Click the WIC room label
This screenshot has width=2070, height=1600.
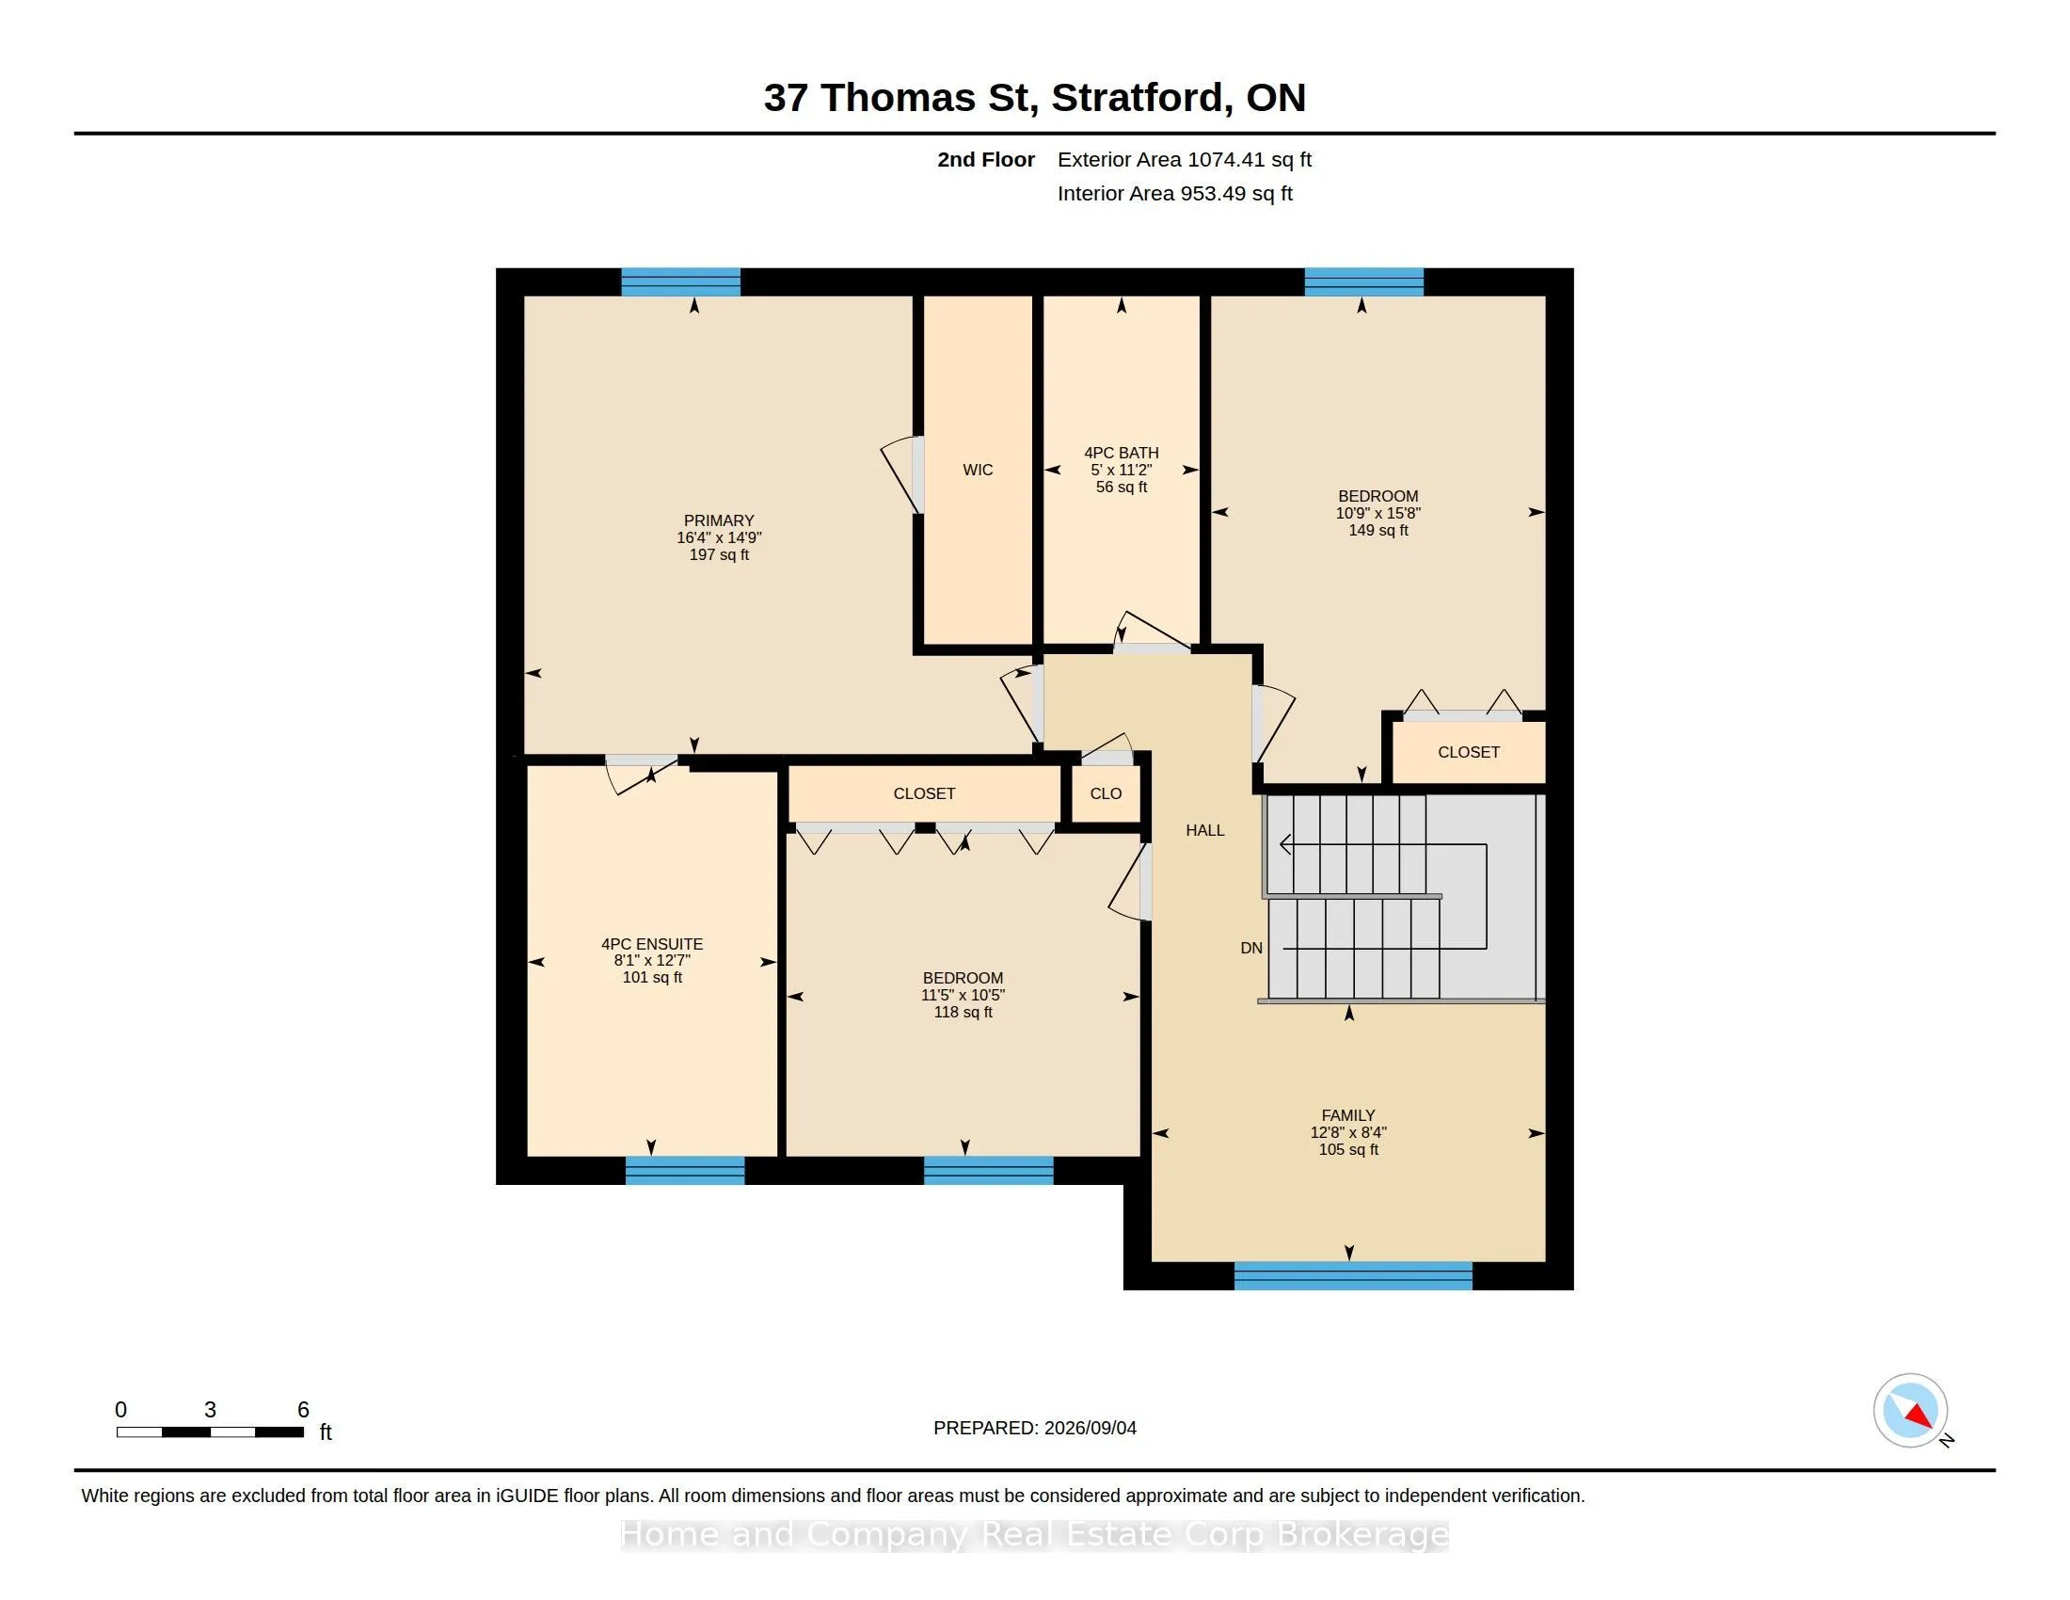coord(978,471)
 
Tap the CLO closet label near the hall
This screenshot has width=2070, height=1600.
coord(1106,793)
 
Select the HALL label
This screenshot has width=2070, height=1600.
coord(1204,830)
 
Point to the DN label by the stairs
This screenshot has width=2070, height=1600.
coord(1251,948)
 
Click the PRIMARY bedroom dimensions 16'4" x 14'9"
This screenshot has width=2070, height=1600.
coord(719,537)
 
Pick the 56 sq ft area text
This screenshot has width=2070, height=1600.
coord(1122,488)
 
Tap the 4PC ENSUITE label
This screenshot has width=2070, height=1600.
coord(652,944)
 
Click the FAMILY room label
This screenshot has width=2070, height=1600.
coord(1347,1115)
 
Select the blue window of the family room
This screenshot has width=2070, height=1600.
coord(1352,1276)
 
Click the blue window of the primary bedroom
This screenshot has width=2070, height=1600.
coord(680,282)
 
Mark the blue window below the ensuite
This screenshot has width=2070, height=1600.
coord(684,1171)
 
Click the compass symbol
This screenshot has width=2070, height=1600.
coord(1910,1411)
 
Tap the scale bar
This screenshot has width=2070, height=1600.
coord(210,1432)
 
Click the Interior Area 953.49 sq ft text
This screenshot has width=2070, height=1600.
coord(1174,193)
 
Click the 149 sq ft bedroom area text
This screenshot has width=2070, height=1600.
coord(1378,531)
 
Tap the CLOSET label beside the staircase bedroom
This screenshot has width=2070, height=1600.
coord(1468,752)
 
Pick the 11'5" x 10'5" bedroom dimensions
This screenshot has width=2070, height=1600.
coord(963,995)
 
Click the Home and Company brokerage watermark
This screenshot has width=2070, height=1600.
coord(1035,1534)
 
